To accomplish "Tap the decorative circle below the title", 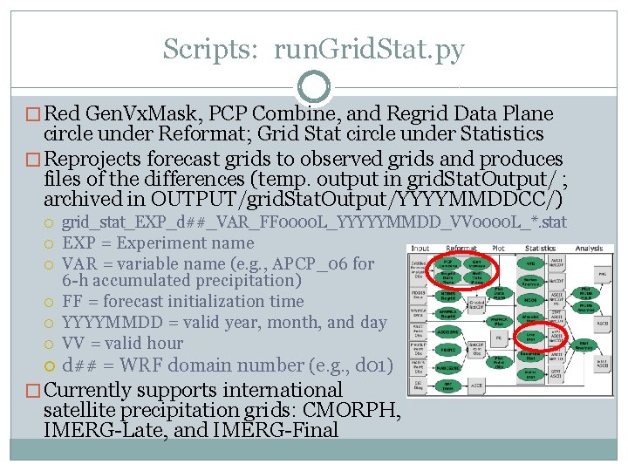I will pyautogui.click(x=314, y=87).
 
